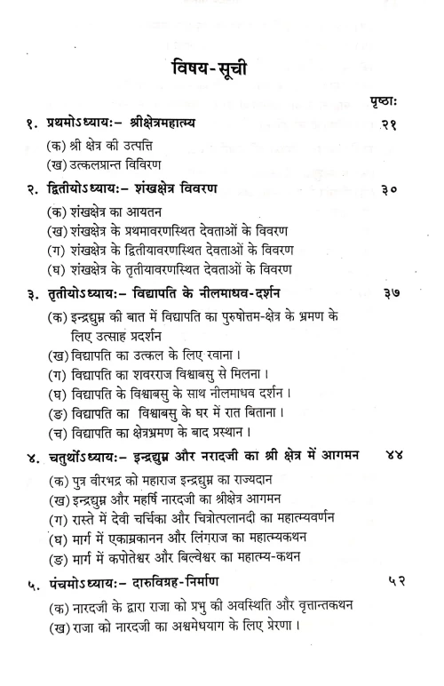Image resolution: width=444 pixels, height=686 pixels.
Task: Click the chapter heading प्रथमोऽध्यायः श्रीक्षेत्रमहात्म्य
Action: pos(115,126)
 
